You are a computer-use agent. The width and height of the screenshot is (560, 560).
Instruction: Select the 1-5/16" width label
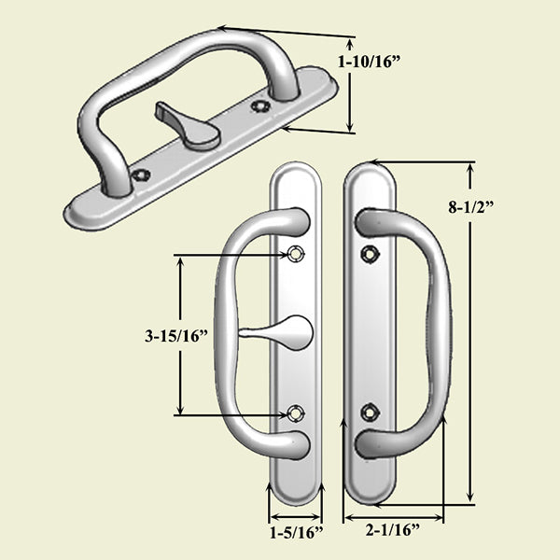pyautogui.click(x=296, y=534)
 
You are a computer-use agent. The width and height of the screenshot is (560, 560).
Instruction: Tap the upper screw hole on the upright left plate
pyautogui.click(x=296, y=254)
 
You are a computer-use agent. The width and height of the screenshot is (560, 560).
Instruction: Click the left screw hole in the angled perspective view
pyautogui.click(x=142, y=175)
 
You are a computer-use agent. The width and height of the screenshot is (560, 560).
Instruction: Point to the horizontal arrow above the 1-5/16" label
pyautogui.click(x=296, y=514)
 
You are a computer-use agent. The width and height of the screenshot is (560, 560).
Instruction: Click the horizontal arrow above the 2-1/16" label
pyautogui.click(x=393, y=514)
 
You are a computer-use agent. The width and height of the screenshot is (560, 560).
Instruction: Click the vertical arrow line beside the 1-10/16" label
pyautogui.click(x=351, y=85)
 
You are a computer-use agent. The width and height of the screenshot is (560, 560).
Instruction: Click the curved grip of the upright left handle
pyautogui.click(x=222, y=331)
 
